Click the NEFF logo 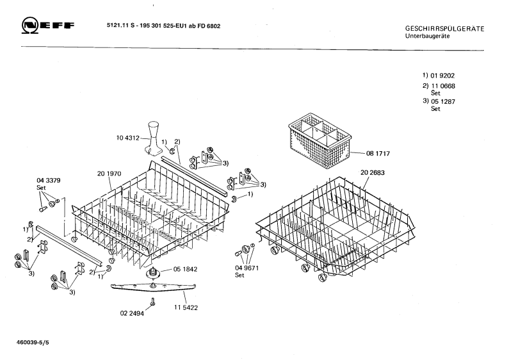pos(48,26)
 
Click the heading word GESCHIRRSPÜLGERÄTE pos(444,29)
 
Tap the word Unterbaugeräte pos(427,36)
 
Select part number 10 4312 pos(127,138)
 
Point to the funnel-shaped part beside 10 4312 pos(154,138)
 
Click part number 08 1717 pos(378,153)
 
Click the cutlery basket pos(319,141)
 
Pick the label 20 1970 pos(109,174)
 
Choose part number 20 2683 pos(373,172)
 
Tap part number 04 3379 pos(49,181)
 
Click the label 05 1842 pos(185,269)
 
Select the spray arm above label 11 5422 pos(153,287)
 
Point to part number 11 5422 pos(186,307)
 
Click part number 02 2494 pos(132,313)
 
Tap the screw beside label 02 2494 pos(152,302)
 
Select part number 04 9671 pos(246,268)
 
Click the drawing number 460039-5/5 pos(33,343)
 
